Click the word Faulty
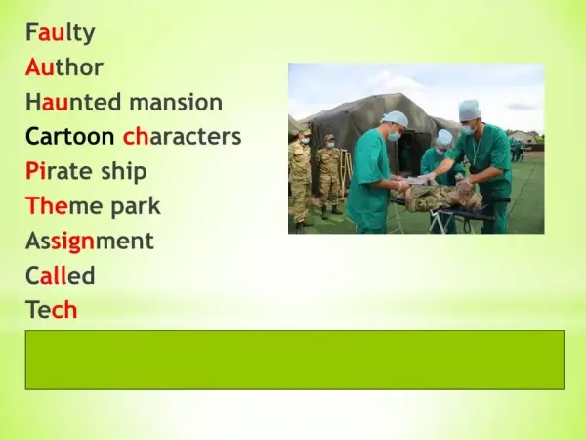coord(61,33)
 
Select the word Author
coord(64,67)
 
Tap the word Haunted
coord(72,102)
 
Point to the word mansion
coord(176,102)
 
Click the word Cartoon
coord(70,137)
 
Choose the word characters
coord(183,137)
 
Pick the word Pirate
coord(59,171)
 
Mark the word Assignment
coord(90,241)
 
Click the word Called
coord(60,276)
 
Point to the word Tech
coord(52,310)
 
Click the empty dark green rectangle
coord(295,360)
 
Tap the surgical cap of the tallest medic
coord(469,110)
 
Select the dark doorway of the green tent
coord(411,154)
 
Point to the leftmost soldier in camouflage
coord(300,179)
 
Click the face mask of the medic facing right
coord(394,136)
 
